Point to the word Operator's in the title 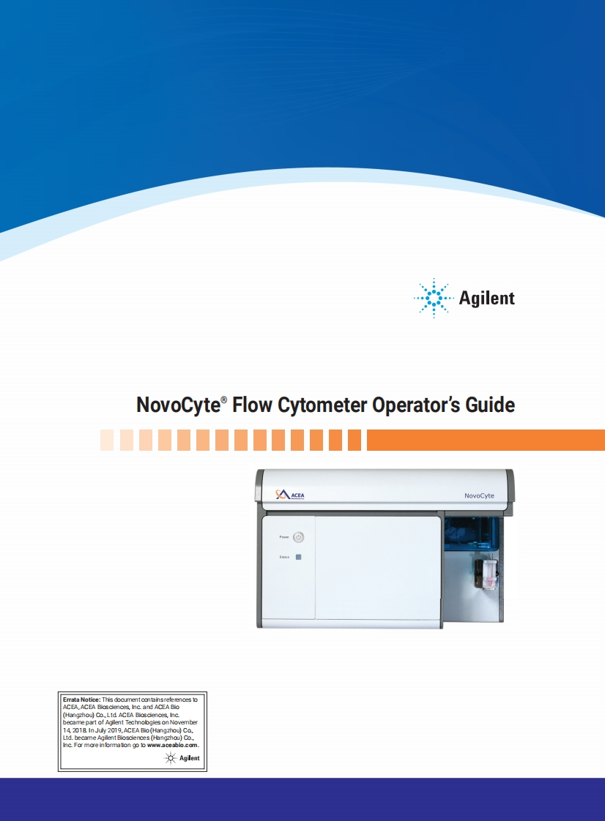coord(417,405)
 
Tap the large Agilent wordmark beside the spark coord(487,298)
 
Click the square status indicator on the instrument coord(298,557)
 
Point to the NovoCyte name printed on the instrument coord(480,495)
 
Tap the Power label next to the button coord(284,537)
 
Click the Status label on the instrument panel coord(284,557)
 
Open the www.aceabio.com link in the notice coord(172,745)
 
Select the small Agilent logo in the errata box coord(183,758)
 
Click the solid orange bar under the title coord(485,440)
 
